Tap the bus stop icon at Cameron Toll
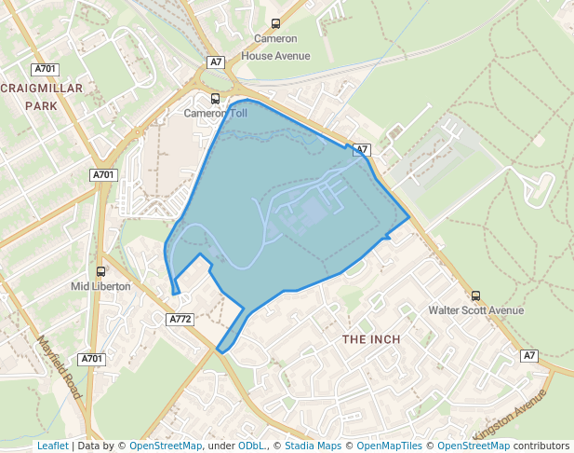click(x=215, y=99)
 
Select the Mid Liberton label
click(x=100, y=286)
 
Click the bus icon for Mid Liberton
click(x=100, y=271)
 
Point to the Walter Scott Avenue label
click(x=475, y=310)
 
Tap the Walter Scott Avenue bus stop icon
click(x=476, y=295)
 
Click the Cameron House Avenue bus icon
click(x=275, y=24)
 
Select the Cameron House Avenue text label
click(x=275, y=47)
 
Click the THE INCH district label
click(x=371, y=339)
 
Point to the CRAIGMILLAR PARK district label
click(x=42, y=97)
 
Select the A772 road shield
click(x=180, y=320)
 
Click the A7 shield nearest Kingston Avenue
click(x=529, y=356)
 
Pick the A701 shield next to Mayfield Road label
click(x=91, y=359)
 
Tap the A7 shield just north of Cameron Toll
click(x=216, y=62)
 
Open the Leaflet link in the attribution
click(x=52, y=446)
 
